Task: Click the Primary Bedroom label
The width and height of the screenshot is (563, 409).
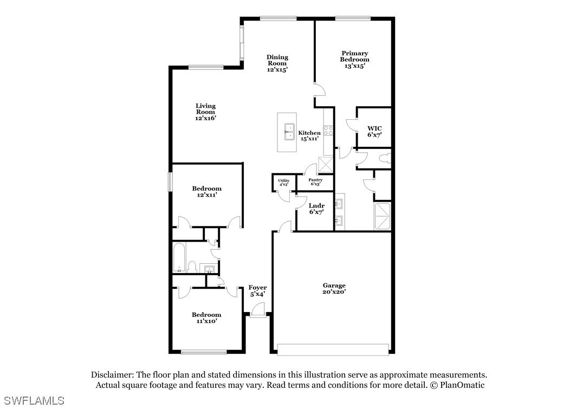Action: [x=354, y=60]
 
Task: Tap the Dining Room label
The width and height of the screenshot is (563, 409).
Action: [x=277, y=63]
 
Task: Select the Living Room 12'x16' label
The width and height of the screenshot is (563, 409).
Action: [x=205, y=112]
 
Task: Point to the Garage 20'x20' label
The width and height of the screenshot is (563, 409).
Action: [x=334, y=288]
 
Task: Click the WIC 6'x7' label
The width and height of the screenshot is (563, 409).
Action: [x=374, y=132]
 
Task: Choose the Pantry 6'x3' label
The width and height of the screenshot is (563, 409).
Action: [x=315, y=182]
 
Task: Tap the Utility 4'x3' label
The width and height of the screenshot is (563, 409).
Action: [x=283, y=183]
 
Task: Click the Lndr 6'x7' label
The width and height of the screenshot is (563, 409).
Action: [x=316, y=209]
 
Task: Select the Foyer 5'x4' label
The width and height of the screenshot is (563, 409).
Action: [x=257, y=290]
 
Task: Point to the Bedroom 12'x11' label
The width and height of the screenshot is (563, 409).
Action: [x=206, y=192]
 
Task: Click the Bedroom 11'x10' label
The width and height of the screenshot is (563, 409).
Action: [x=206, y=317]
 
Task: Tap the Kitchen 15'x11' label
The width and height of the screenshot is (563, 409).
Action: [x=309, y=135]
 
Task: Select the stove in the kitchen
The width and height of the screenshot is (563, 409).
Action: [x=328, y=131]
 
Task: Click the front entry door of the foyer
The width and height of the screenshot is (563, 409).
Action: [x=256, y=312]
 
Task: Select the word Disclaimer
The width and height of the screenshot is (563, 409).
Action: [x=111, y=375]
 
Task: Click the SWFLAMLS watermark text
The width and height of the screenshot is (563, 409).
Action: [x=33, y=401]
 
